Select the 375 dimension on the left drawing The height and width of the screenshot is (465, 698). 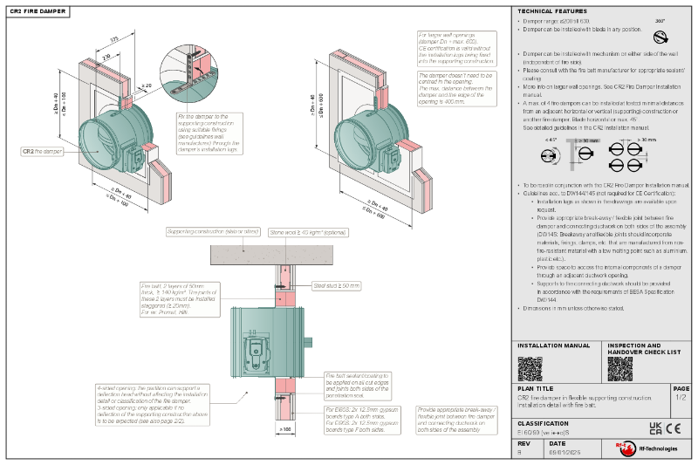coord(113,39)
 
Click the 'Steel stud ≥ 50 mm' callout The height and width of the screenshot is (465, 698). coord(336,285)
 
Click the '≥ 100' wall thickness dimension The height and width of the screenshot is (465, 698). coord(284,429)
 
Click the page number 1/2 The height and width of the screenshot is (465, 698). coord(681,397)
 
